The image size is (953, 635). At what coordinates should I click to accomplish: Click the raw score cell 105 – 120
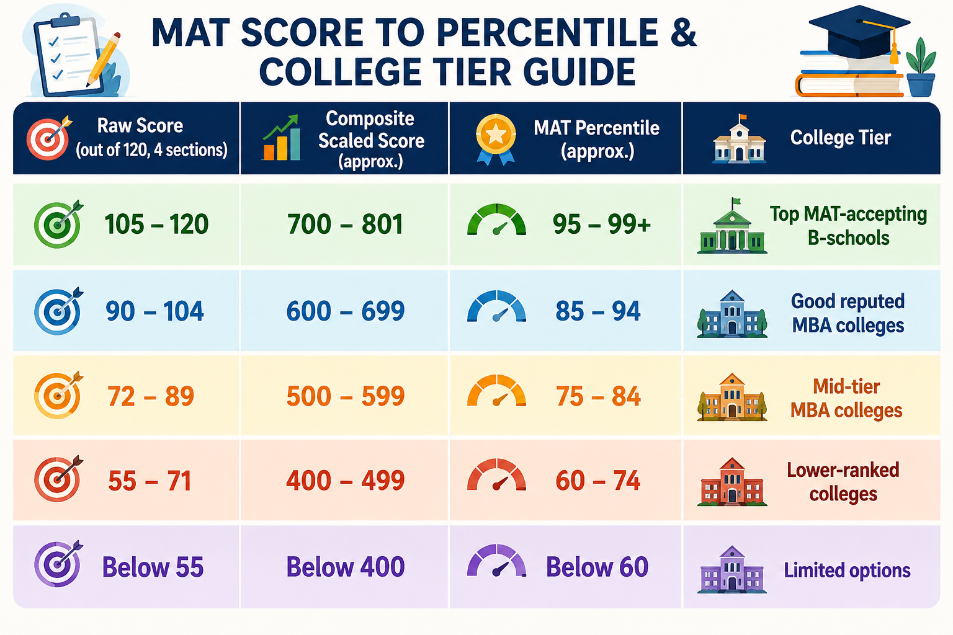pos(156,224)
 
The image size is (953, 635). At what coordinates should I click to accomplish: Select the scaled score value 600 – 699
pos(346,311)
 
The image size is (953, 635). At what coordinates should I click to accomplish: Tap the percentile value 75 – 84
pos(597,396)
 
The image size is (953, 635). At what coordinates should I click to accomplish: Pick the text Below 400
pos(346,567)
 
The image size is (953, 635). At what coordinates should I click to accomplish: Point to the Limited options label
pos(847,571)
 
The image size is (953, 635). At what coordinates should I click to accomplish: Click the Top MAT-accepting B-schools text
pos(848,226)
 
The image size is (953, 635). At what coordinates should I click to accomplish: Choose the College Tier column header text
pos(840,138)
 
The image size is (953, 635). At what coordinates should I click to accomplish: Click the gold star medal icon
pos(496,139)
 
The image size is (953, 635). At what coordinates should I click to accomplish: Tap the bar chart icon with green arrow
pos(281,138)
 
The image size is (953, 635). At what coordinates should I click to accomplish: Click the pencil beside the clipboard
pos(104,60)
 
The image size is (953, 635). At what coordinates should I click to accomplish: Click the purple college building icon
pos(732,569)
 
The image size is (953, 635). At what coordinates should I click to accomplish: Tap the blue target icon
pos(58,311)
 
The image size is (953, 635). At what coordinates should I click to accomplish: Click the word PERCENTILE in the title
pos(547,33)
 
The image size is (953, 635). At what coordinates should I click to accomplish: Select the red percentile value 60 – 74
pos(597,481)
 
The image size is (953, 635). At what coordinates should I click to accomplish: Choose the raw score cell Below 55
pos(153,567)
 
